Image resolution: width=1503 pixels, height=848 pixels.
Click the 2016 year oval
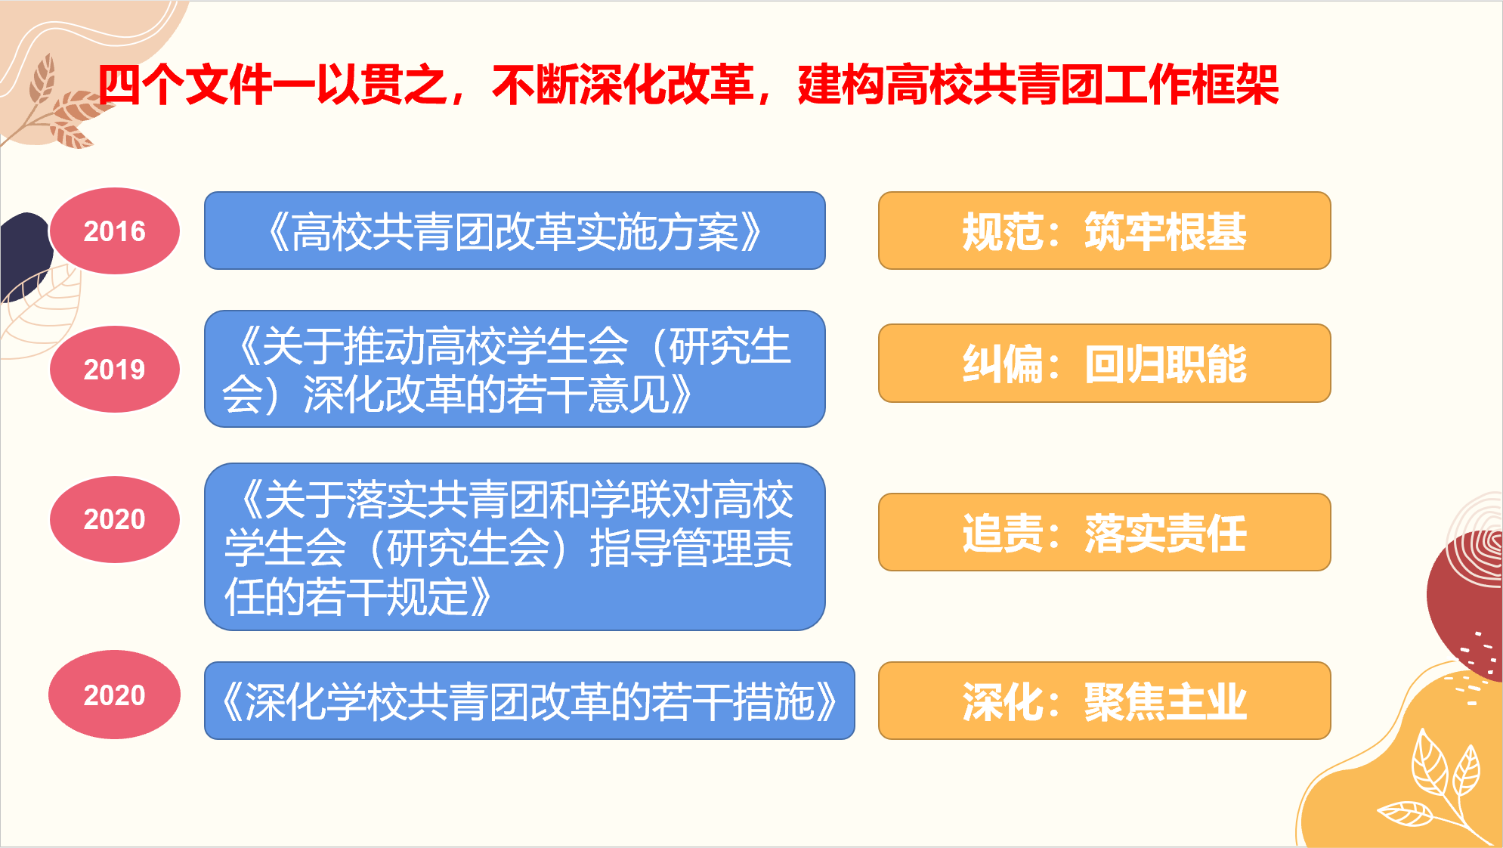[x=115, y=231]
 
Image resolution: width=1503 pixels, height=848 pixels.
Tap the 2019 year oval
[x=115, y=369]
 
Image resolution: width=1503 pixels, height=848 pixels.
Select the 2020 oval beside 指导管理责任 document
[x=115, y=519]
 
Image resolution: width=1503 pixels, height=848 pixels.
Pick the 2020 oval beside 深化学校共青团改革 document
[x=115, y=695]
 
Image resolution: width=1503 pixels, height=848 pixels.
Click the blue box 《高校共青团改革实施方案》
[x=515, y=231]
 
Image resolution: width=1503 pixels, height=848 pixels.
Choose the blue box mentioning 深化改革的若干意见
[x=515, y=369]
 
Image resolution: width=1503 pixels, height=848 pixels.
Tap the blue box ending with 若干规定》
[x=515, y=546]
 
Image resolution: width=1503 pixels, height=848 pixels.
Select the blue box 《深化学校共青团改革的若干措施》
[x=530, y=701]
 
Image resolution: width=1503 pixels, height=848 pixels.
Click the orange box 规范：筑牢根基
[x=1104, y=231]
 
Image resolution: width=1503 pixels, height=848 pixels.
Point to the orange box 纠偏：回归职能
[x=1104, y=364]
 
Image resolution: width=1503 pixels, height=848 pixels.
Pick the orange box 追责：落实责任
[x=1104, y=532]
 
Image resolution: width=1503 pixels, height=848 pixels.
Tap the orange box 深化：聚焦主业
[x=1104, y=701]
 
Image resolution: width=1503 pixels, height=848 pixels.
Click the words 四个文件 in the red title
[x=185, y=85]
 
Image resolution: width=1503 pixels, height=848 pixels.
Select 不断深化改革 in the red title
[x=623, y=85]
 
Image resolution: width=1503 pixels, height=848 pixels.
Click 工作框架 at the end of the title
[x=1191, y=85]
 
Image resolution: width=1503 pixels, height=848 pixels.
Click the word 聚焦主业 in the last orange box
[x=1165, y=701]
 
